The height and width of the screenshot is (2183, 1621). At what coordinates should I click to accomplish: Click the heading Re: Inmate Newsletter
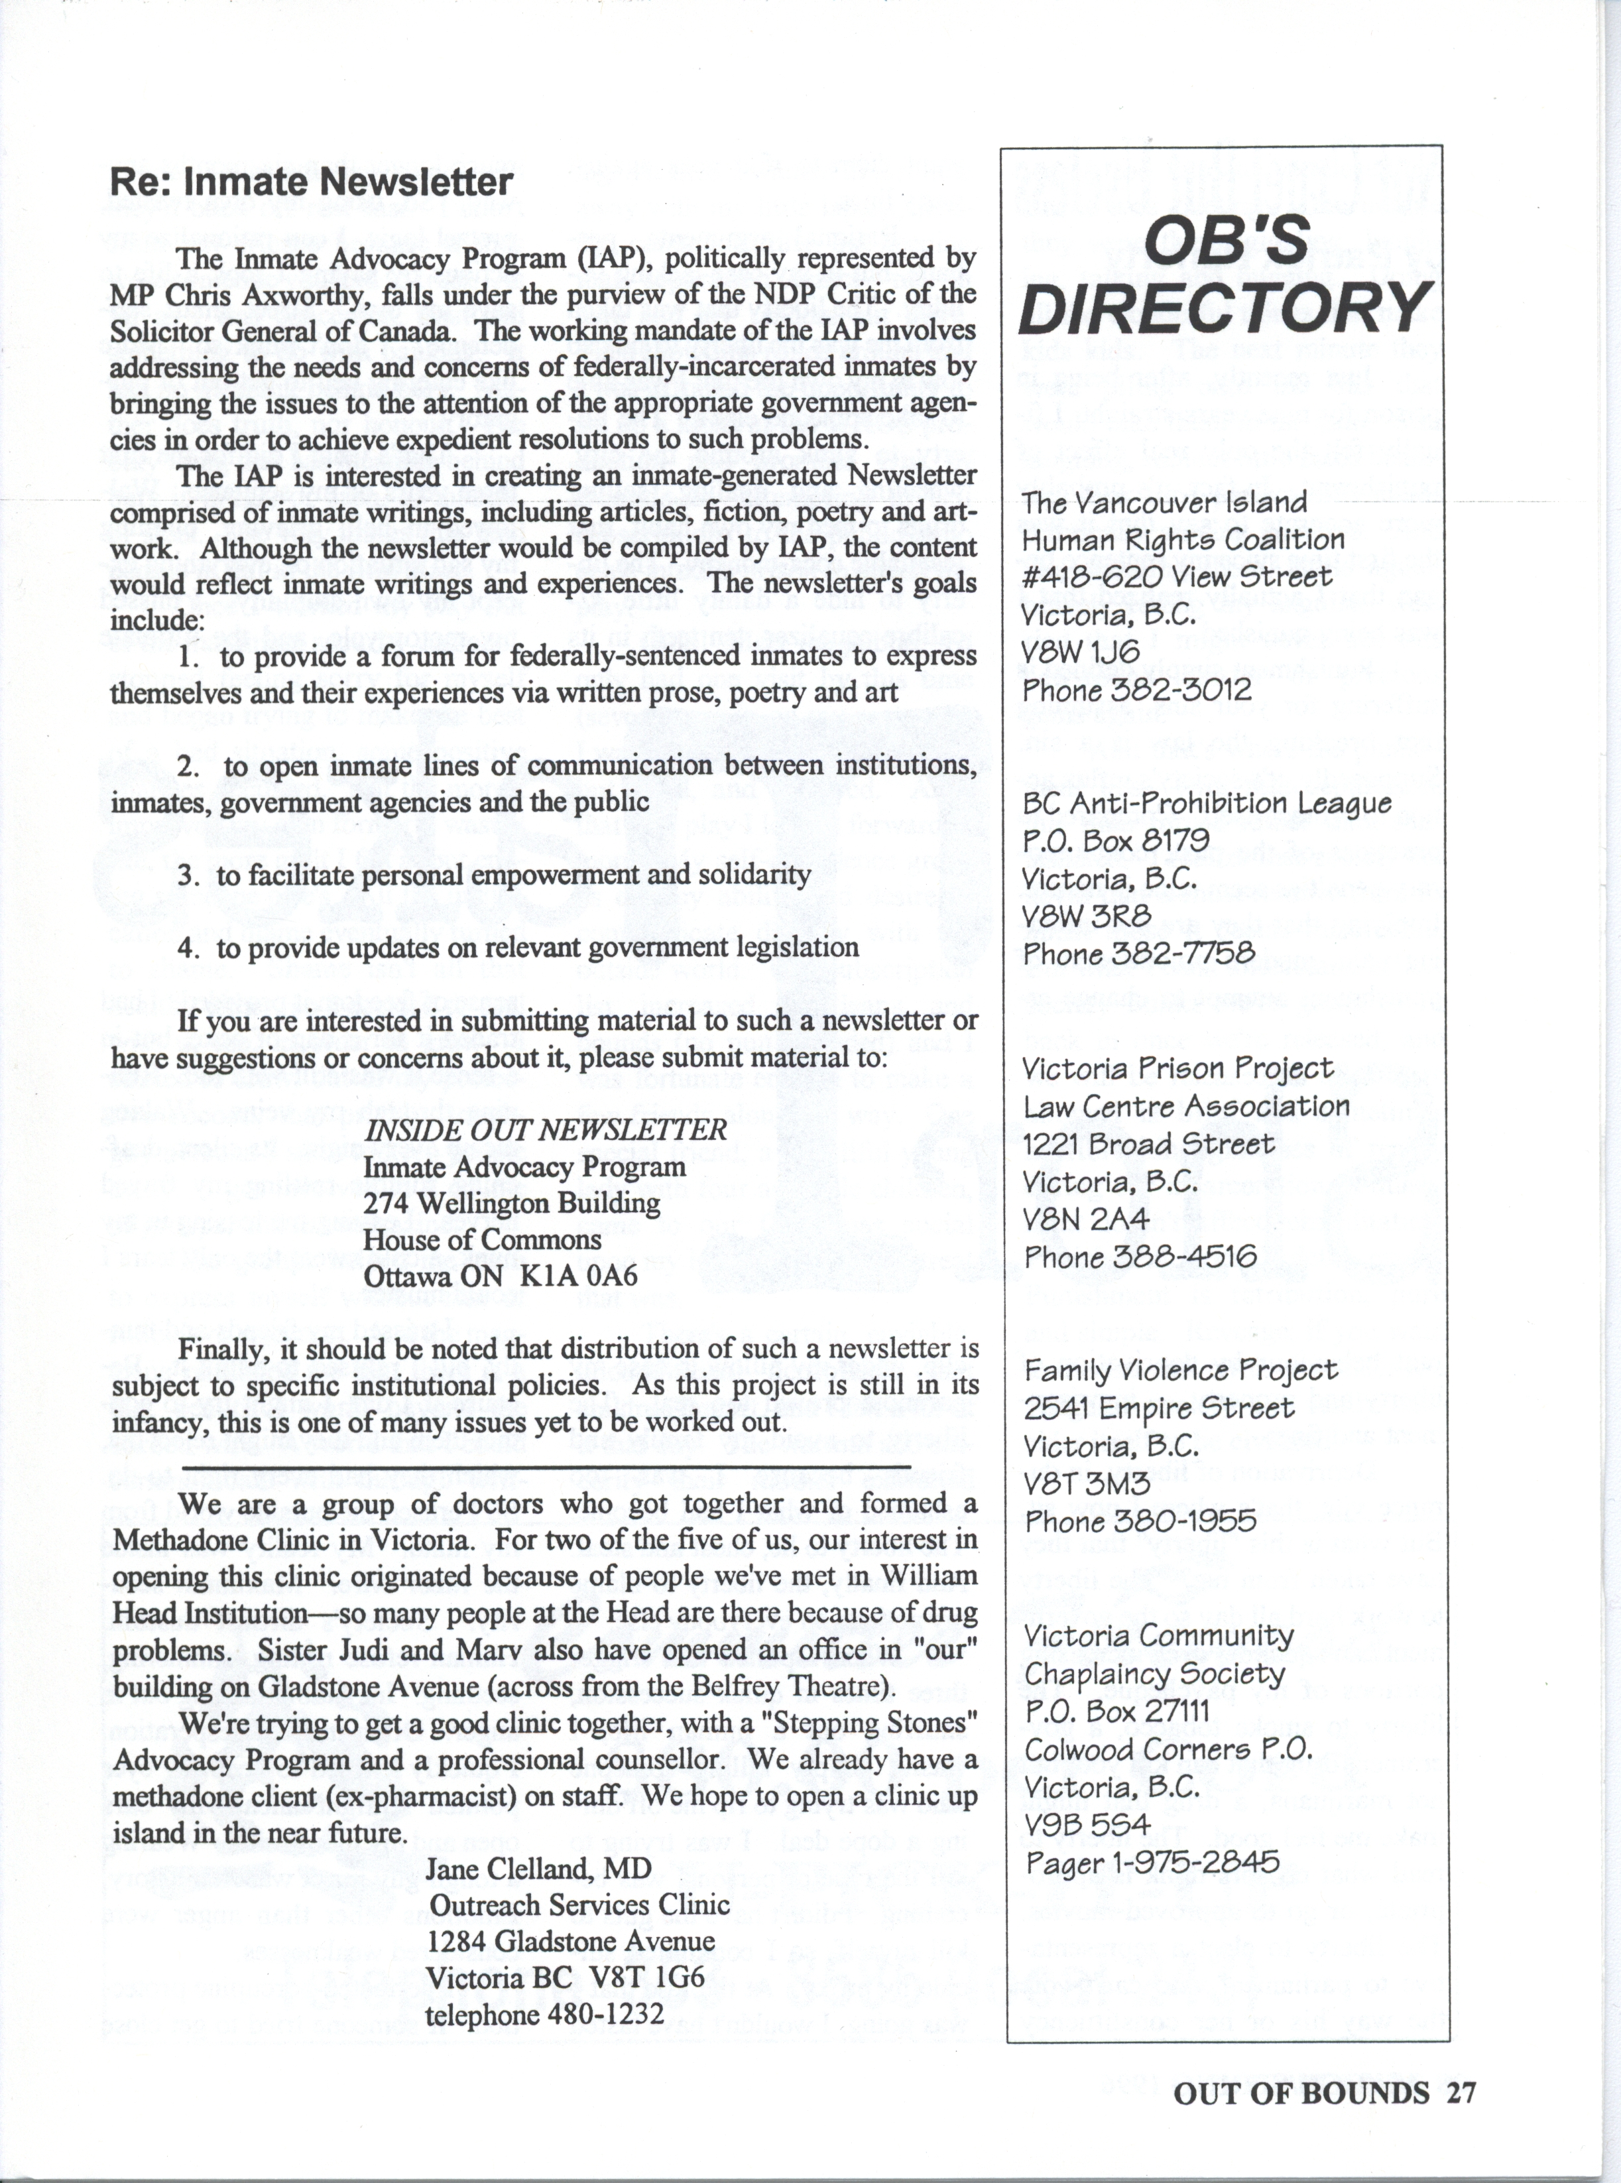(311, 182)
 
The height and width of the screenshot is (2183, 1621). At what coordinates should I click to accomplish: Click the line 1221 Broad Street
(1148, 1143)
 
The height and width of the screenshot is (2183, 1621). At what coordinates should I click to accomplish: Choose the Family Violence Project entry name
(1180, 1370)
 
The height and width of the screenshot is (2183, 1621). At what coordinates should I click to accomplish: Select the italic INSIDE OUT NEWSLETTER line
(546, 1130)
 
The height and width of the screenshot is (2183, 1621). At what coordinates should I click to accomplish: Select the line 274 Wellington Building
(511, 1204)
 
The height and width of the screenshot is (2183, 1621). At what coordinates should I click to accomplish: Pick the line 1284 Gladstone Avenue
(571, 1942)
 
